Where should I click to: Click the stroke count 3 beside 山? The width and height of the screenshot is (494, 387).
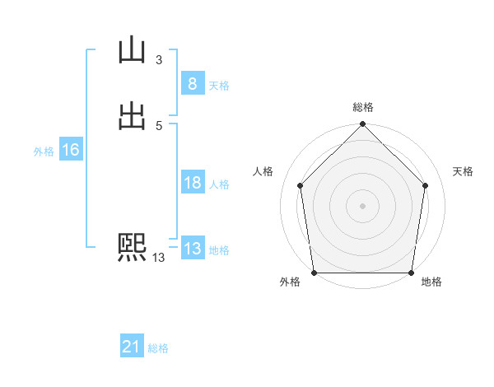158,59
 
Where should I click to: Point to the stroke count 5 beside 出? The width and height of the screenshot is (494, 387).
158,125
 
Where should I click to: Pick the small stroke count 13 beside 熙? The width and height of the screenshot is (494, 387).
158,258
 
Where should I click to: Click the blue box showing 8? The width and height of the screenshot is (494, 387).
192,84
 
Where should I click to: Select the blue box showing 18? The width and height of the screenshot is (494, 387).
192,183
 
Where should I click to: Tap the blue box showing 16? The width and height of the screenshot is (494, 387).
70,150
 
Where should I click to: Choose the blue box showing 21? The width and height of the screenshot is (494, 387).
132,347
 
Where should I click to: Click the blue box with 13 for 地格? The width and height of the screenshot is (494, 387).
192,249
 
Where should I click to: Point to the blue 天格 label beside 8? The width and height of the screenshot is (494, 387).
219,86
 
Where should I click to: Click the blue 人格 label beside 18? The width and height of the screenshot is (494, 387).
219,184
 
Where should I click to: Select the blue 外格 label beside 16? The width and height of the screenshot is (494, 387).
44,152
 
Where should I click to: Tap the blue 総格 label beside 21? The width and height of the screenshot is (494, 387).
158,349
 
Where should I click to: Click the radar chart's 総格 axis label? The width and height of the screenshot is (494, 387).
362,107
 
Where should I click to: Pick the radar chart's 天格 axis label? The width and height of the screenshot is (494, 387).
464,171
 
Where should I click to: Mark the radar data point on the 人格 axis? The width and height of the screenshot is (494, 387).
300,185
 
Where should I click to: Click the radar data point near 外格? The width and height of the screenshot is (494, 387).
314,273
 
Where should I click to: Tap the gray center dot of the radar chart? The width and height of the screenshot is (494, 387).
362,205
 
